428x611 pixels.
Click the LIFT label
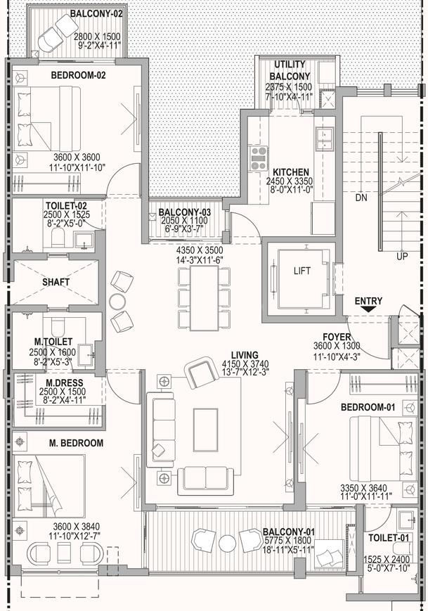[302, 271]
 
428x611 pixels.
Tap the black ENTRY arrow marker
[368, 309]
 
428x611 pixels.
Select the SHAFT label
[56, 282]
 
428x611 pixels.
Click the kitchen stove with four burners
[259, 157]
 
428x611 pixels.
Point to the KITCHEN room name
[290, 172]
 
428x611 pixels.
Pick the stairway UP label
[402, 257]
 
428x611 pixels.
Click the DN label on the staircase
[361, 198]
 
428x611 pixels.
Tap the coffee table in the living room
[205, 430]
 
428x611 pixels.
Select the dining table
[204, 298]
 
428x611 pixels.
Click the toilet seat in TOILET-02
[58, 237]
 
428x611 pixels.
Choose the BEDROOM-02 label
[78, 75]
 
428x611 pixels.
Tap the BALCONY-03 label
[185, 212]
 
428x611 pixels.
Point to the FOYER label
[337, 337]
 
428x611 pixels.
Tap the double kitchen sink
[325, 139]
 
